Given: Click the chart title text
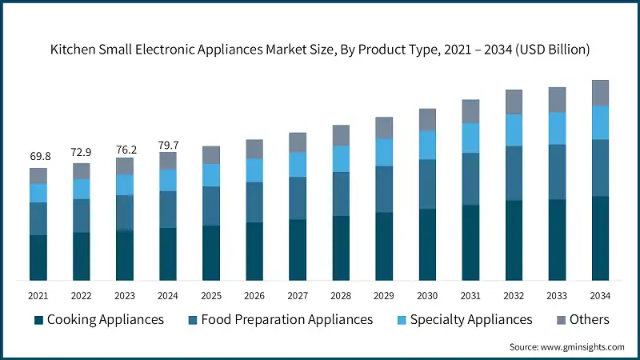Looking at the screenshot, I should click(x=320, y=50).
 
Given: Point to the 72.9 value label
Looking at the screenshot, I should click(x=82, y=151).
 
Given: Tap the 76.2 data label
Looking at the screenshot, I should click(x=125, y=148).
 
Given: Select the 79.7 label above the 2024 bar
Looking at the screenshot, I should click(x=168, y=144).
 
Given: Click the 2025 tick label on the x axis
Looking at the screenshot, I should click(x=211, y=295).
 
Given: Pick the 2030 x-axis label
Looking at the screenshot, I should click(x=427, y=295).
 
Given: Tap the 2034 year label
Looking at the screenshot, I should click(x=600, y=295).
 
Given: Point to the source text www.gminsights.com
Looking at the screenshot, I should click(x=567, y=347).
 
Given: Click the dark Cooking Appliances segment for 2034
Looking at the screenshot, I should click(x=600, y=238).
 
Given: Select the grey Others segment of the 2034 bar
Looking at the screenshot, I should click(x=600, y=93).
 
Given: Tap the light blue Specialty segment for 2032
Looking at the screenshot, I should click(x=514, y=130).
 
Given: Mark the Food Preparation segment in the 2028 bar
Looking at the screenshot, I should click(x=341, y=194).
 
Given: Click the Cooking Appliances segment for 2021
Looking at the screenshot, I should click(x=38, y=258).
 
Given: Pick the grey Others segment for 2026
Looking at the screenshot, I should click(x=254, y=149).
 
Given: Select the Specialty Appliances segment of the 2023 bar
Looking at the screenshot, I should click(x=125, y=185).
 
